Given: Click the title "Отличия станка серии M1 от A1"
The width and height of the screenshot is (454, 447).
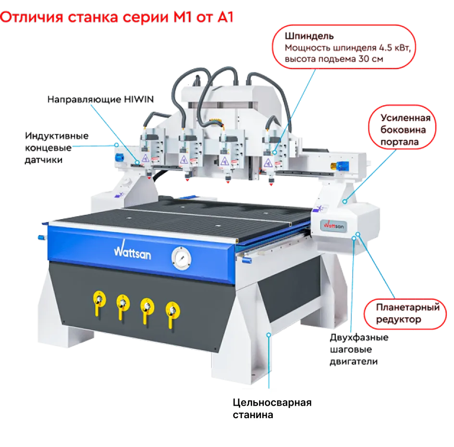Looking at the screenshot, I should (x=117, y=18).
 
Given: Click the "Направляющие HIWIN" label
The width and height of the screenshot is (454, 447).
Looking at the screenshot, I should (x=100, y=99).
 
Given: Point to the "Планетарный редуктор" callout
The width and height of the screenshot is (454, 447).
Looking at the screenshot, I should (x=407, y=313).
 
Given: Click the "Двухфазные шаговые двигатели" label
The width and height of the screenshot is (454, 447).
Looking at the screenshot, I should (x=359, y=349).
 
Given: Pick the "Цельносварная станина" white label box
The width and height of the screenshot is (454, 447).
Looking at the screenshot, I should (x=284, y=409).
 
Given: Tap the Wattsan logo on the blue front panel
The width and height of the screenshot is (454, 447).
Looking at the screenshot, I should (x=132, y=251).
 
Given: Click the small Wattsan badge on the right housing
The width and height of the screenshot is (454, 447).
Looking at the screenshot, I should (x=333, y=225).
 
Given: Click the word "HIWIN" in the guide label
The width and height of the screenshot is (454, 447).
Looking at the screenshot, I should (x=138, y=99).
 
